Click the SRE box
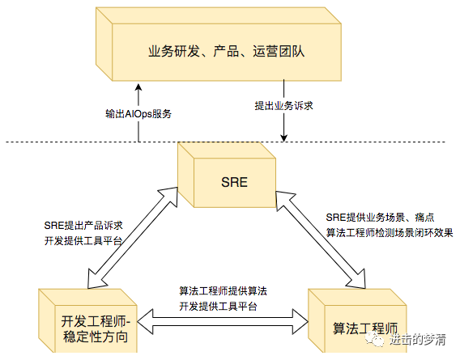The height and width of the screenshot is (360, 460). (227, 175)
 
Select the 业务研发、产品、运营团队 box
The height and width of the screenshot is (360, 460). (219, 44)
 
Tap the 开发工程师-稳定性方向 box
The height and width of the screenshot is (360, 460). (87, 320)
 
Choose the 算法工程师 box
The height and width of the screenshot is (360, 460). (357, 320)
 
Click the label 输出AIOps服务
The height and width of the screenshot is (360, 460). (138, 114)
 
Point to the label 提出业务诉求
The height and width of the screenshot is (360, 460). (283, 105)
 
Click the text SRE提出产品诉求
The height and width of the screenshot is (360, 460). (83, 226)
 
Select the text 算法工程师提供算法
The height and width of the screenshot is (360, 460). (223, 291)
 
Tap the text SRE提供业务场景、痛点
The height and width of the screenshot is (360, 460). (380, 218)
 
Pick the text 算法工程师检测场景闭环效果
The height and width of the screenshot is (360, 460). (390, 233)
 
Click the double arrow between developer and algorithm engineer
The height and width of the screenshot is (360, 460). (223, 322)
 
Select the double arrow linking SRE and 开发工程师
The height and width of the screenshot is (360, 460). (133, 238)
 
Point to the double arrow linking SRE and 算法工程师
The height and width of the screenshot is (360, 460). (321, 239)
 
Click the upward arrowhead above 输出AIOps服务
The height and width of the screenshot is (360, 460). (138, 87)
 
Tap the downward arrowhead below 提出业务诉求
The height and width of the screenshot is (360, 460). (283, 138)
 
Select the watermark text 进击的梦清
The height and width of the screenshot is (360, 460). (418, 340)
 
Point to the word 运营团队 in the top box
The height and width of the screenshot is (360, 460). (279, 51)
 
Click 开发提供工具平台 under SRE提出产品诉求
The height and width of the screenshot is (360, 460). (83, 241)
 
